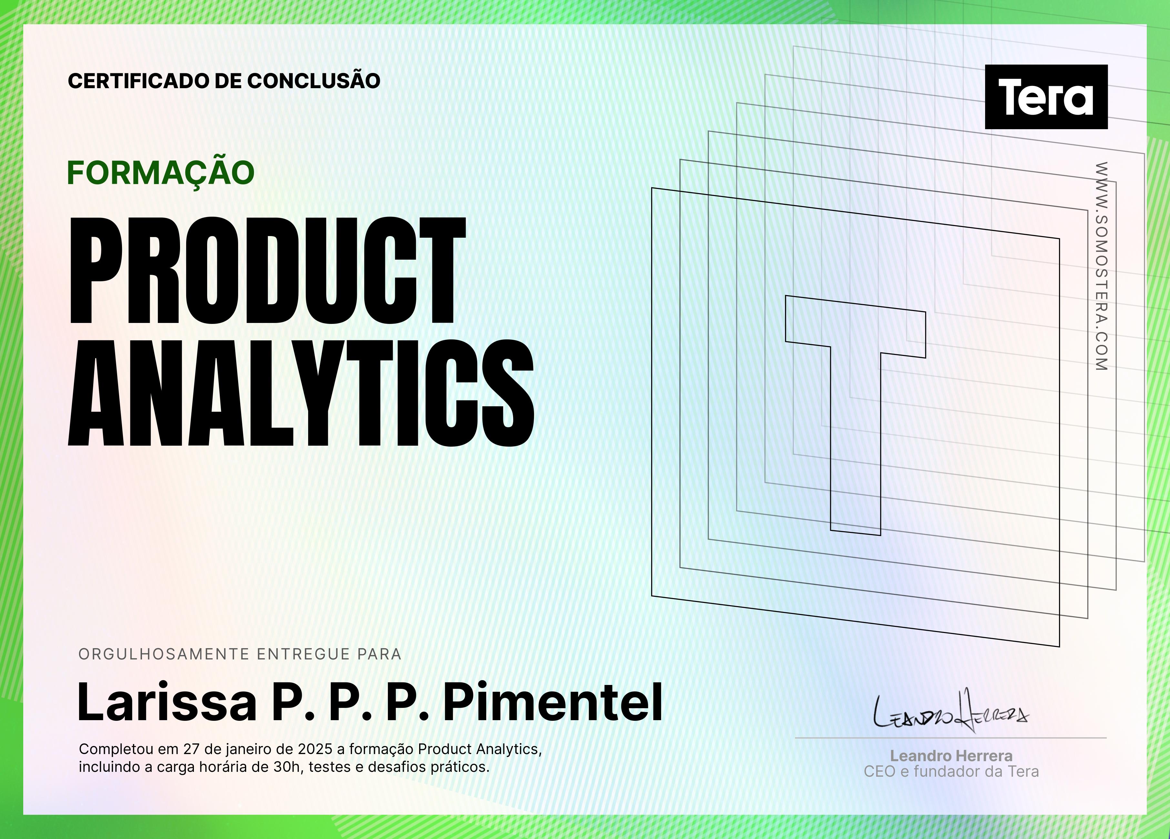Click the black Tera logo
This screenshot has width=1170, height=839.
click(1046, 97)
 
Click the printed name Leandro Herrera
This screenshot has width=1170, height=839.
click(951, 756)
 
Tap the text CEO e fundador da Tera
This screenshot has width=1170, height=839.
click(951, 772)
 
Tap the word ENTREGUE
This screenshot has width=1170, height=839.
click(304, 654)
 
